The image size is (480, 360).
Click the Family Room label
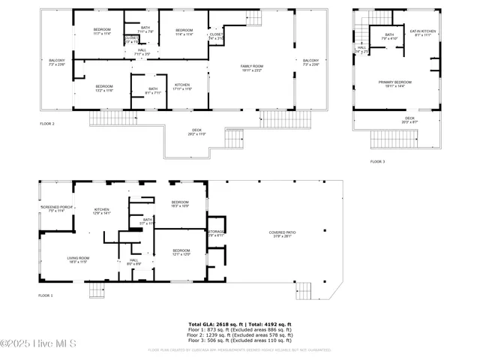pyautogui.click(x=252, y=68)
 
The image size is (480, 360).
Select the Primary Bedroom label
pyautogui.click(x=399, y=84)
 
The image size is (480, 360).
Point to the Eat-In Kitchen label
pyautogui.click(x=422, y=32)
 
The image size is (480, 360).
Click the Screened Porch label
pyautogui.click(x=52, y=208)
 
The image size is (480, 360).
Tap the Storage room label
pyautogui.click(x=217, y=233)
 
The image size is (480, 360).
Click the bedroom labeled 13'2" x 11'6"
pyautogui.click(x=103, y=88)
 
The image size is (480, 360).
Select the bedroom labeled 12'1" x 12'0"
pyautogui.click(x=181, y=252)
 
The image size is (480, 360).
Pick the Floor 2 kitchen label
pyautogui.click(x=182, y=86)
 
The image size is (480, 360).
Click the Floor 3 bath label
pyautogui.click(x=389, y=36)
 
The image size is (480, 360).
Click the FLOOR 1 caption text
pyautogui.click(x=46, y=295)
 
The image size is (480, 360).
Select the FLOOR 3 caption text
pyautogui.click(x=377, y=161)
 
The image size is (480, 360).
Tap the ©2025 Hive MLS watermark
pyautogui.click(x=33, y=343)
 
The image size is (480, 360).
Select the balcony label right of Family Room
pyautogui.click(x=310, y=62)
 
